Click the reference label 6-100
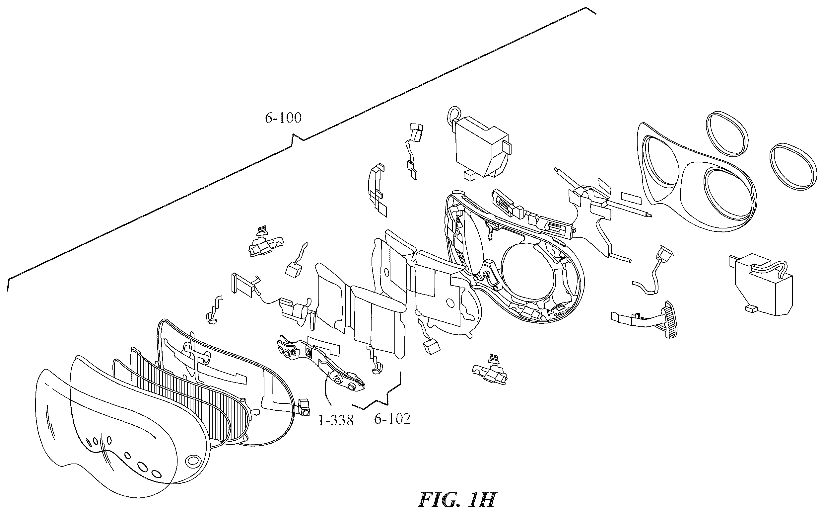click(283, 118)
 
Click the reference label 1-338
click(336, 420)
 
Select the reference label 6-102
click(392, 419)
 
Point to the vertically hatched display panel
click(190, 391)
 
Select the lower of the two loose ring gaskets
click(792, 166)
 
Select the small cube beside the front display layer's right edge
click(304, 406)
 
